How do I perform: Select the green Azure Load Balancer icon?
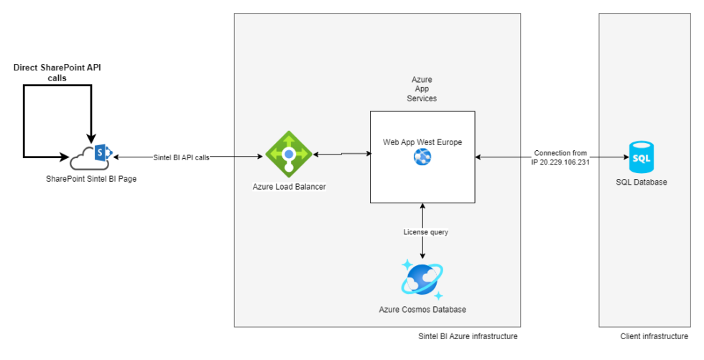pos(289,153)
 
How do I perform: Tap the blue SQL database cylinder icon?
pos(641,156)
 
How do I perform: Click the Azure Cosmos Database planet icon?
pos(422,280)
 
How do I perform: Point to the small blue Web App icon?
pos(422,157)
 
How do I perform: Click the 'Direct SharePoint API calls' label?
pos(57,73)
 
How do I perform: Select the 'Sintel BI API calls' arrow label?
pos(181,157)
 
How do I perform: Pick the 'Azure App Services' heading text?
pos(422,88)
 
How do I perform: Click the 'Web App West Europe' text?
pos(422,142)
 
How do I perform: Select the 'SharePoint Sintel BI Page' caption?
pos(91,178)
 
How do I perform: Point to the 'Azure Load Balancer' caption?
pos(289,187)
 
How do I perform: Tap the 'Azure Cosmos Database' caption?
pos(422,310)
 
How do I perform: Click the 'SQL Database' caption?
pos(641,182)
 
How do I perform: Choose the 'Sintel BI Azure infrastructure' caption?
pos(468,336)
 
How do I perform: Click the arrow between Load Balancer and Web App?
pos(341,153)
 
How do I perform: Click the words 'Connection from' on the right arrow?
pos(560,153)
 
